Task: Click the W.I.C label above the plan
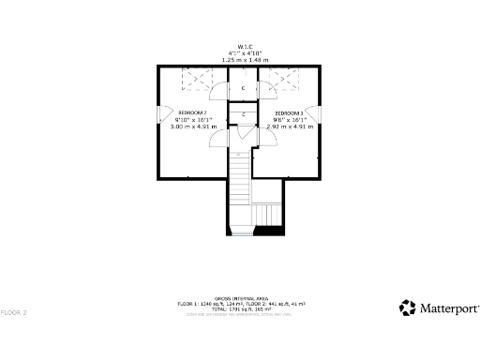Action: [x=243, y=45]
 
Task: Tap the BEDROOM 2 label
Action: [x=192, y=112]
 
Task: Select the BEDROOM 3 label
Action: [x=289, y=112]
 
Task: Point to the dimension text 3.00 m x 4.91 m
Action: [x=193, y=126]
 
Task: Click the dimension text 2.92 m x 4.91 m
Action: [x=289, y=126]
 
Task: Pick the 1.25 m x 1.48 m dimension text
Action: [x=243, y=59]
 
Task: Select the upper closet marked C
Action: [x=243, y=88]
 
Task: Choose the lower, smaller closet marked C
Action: [x=243, y=114]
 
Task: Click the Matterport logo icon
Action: [x=408, y=307]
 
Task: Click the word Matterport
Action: [x=449, y=307]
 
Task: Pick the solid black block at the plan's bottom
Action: [x=270, y=231]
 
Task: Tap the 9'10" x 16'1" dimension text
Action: [x=193, y=119]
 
